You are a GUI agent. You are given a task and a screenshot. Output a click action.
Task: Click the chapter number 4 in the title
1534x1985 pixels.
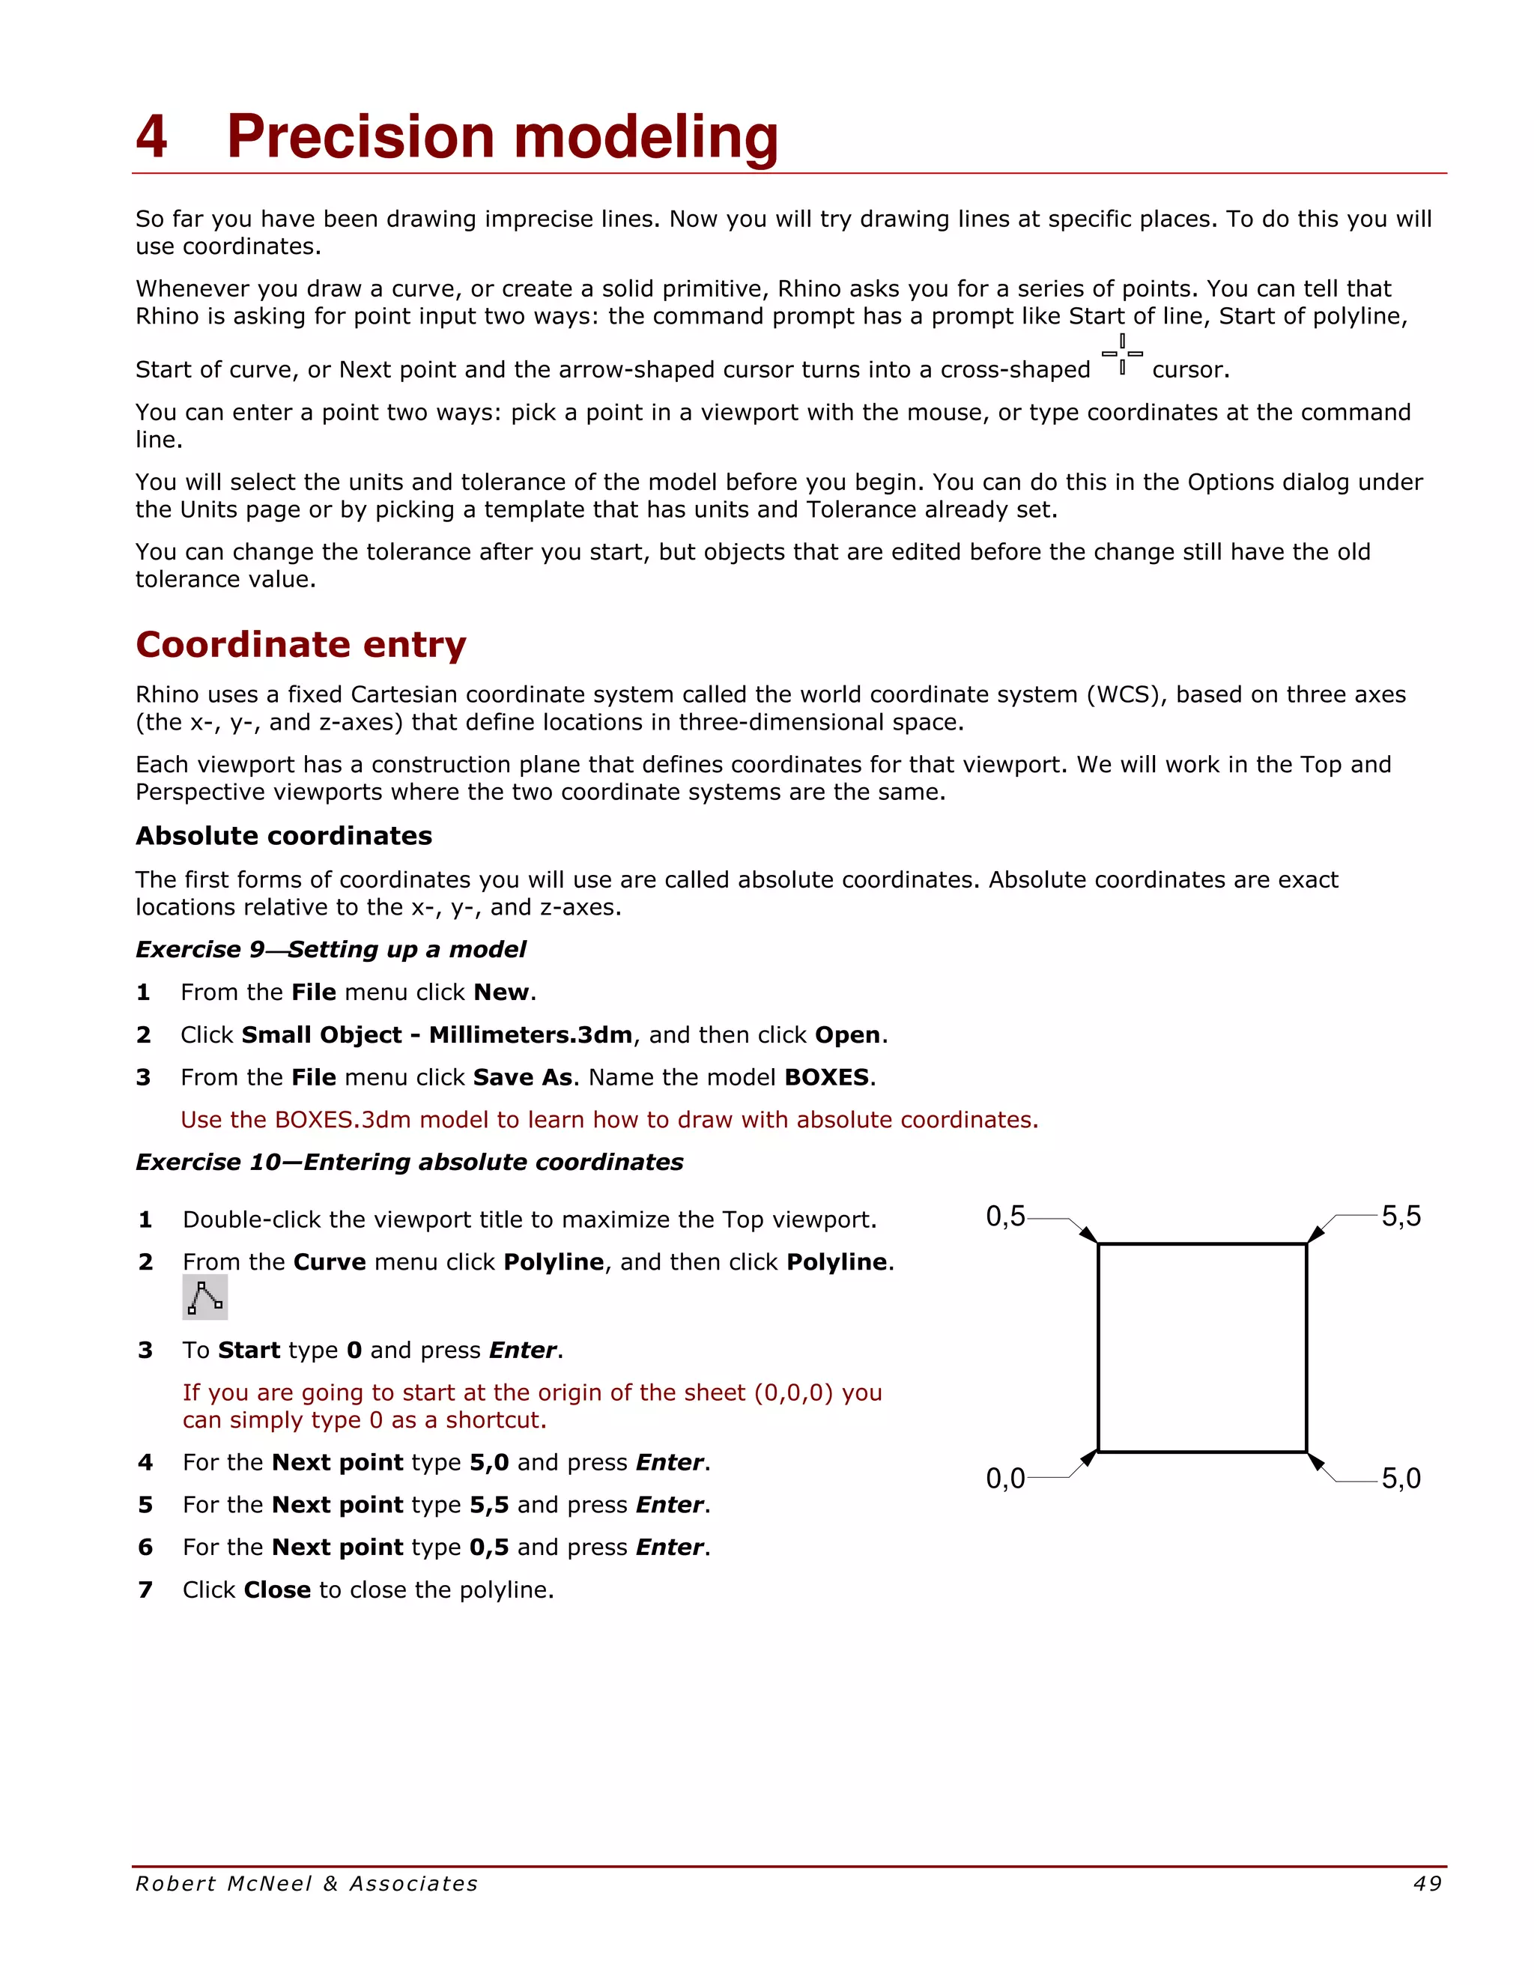152,136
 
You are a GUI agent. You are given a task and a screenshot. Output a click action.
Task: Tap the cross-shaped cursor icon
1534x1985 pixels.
1122,354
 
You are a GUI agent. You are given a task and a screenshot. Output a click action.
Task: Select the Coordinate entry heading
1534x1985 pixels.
301,644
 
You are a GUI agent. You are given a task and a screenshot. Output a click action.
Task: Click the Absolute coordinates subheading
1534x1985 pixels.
284,835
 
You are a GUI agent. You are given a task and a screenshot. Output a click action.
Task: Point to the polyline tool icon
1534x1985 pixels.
204,1297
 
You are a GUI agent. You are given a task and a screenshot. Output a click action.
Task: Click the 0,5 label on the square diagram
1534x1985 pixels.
1005,1216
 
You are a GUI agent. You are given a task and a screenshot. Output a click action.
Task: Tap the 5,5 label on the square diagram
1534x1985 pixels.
1401,1216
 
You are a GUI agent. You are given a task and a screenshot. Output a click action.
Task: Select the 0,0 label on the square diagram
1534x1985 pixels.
1005,1479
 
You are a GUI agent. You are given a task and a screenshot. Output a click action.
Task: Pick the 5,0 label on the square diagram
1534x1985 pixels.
1401,1479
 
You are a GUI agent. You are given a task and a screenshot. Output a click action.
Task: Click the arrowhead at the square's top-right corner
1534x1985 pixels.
1316,1234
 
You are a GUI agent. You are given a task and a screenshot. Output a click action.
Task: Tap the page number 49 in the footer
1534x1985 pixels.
1428,1884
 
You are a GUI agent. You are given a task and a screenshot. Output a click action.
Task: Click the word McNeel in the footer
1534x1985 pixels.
269,1884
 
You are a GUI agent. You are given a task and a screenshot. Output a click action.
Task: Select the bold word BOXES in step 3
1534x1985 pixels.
826,1077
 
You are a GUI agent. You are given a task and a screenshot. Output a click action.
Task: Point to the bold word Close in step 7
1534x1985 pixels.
277,1589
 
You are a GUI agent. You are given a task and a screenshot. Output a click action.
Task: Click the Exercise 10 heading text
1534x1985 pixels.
409,1162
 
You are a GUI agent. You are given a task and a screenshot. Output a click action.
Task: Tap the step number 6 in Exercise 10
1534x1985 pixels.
145,1547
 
